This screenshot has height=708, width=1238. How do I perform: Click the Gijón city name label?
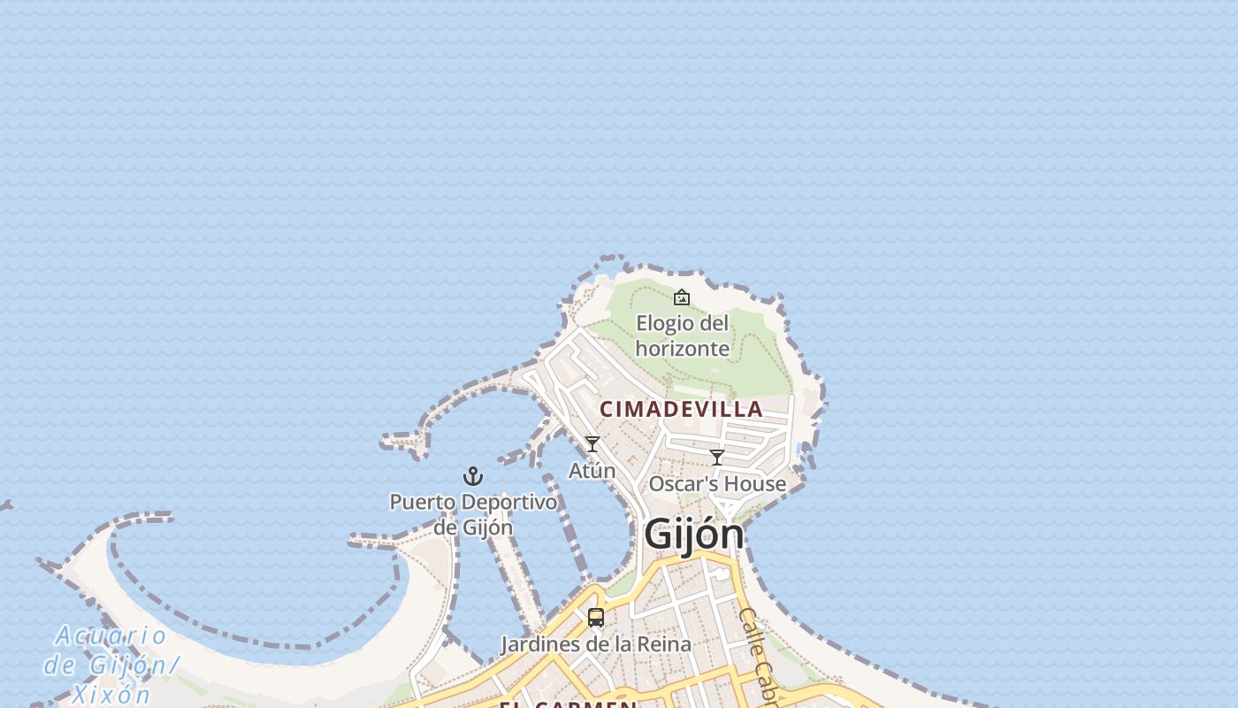point(694,535)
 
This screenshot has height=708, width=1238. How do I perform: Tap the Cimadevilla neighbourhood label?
point(681,409)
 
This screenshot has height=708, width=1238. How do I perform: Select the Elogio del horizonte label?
point(682,335)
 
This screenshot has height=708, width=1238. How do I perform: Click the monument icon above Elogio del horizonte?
point(682,297)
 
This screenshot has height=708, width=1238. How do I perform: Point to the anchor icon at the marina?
point(473,477)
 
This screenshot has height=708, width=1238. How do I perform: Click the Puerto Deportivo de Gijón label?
point(473,514)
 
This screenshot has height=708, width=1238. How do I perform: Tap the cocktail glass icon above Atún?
point(592,444)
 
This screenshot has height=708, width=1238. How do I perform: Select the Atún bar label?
point(592,471)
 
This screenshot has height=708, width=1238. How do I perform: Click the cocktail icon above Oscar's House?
point(717,458)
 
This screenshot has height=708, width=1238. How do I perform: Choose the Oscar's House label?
point(717,484)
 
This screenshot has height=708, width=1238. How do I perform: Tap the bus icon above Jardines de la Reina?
point(596,618)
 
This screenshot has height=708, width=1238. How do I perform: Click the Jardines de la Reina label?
point(596,644)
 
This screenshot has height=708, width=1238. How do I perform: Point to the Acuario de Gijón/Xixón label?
point(111,664)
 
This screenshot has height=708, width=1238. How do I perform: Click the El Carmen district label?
point(568,704)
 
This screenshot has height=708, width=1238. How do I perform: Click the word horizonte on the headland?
point(682,349)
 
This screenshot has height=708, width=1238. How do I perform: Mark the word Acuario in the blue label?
point(111,635)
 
